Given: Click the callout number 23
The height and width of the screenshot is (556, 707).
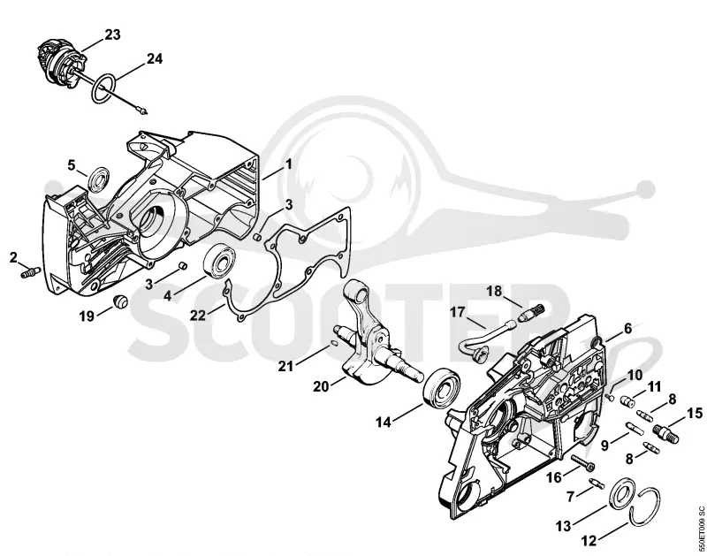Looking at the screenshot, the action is (x=113, y=34).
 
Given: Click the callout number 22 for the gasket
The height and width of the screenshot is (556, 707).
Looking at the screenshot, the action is (x=197, y=315).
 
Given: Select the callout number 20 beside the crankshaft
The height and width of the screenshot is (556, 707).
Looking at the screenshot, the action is (x=321, y=386).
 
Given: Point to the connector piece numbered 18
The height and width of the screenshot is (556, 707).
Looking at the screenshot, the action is (x=532, y=312).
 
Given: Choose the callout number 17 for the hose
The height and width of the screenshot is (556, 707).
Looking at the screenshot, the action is (x=457, y=312).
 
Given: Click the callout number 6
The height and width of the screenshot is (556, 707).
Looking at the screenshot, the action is (x=627, y=328).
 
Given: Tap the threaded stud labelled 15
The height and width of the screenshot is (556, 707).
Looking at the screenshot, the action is (x=666, y=433).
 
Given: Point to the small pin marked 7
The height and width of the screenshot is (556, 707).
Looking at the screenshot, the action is (x=597, y=483).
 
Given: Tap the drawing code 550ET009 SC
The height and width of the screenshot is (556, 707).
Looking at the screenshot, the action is (x=701, y=529).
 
